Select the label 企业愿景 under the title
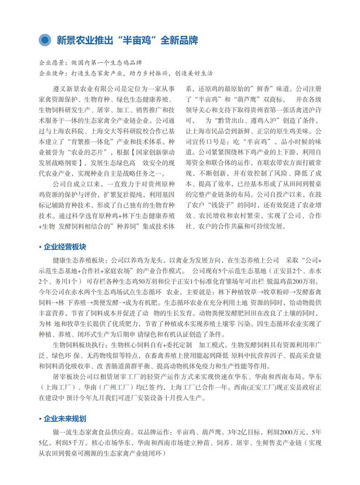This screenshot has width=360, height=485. pyautogui.click(x=50, y=62)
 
